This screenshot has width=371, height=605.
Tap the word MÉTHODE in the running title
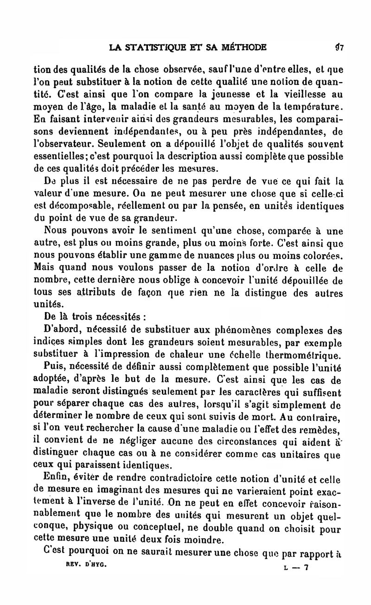click(x=244, y=47)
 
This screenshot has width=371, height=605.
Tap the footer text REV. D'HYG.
click(x=83, y=567)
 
